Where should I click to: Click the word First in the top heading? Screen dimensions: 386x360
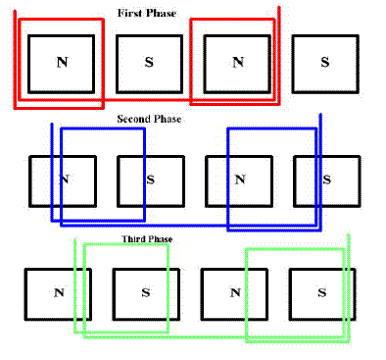point(130,14)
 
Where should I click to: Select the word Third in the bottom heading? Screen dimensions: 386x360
point(133,239)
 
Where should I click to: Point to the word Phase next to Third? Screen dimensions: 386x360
point(160,239)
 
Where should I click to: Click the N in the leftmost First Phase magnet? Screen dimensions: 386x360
point(62,62)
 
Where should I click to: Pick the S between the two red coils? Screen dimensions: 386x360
point(149,62)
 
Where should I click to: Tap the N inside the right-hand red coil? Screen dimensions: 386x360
point(238,62)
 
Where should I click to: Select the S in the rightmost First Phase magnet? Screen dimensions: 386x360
point(324,62)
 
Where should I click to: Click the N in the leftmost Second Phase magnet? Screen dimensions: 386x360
point(65,180)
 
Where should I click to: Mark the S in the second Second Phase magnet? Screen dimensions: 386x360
point(150,180)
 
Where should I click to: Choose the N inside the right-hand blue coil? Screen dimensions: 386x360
point(240,180)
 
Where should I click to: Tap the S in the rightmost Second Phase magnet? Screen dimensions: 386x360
point(326,180)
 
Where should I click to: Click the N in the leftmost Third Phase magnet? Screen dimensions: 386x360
point(59,292)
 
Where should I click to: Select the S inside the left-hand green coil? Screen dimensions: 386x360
point(146,292)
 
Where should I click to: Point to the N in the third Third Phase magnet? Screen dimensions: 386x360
point(235,292)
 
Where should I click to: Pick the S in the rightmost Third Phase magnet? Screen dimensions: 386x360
point(322,292)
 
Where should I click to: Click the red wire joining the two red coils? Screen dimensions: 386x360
point(147,100)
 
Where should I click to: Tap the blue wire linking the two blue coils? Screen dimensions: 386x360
point(186,226)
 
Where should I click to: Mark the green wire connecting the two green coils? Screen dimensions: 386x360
point(208,336)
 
